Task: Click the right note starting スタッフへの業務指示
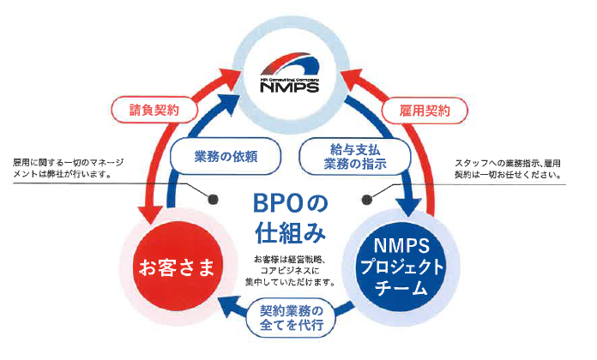[510, 166]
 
